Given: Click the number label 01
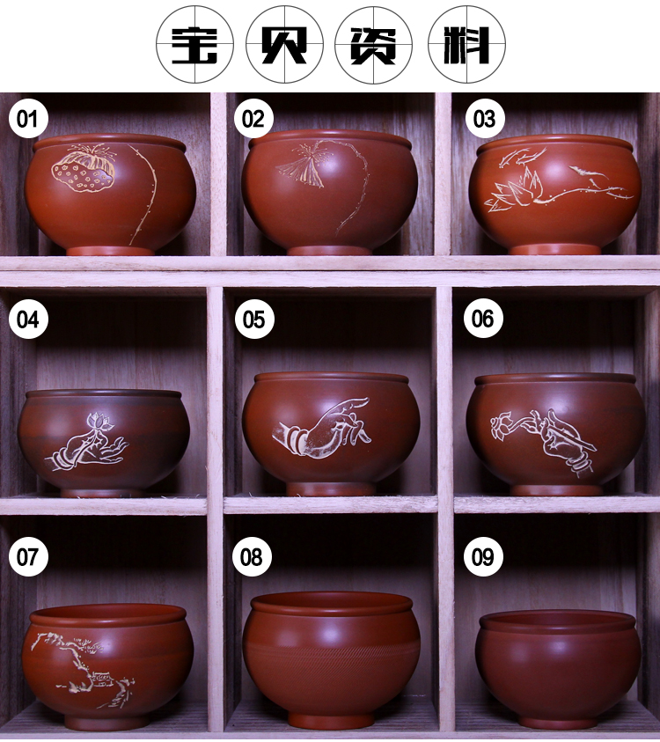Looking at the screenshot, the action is pyautogui.click(x=28, y=118).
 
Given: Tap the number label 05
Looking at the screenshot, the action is pyautogui.click(x=254, y=319).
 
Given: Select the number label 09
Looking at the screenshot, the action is pyautogui.click(x=483, y=556).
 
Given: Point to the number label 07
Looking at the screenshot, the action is pyautogui.click(x=28, y=556).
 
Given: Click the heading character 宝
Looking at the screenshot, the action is pyautogui.click(x=194, y=46).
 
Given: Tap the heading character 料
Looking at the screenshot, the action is pyautogui.click(x=466, y=46).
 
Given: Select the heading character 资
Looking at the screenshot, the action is pyautogui.click(x=373, y=46).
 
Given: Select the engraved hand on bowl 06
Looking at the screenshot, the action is pyautogui.click(x=566, y=443).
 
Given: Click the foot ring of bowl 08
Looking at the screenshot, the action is pyautogui.click(x=331, y=719).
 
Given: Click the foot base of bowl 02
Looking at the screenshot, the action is pyautogui.click(x=331, y=250).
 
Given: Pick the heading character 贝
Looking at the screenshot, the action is pyautogui.click(x=285, y=46).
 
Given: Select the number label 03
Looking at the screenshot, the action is pyautogui.click(x=484, y=118).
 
